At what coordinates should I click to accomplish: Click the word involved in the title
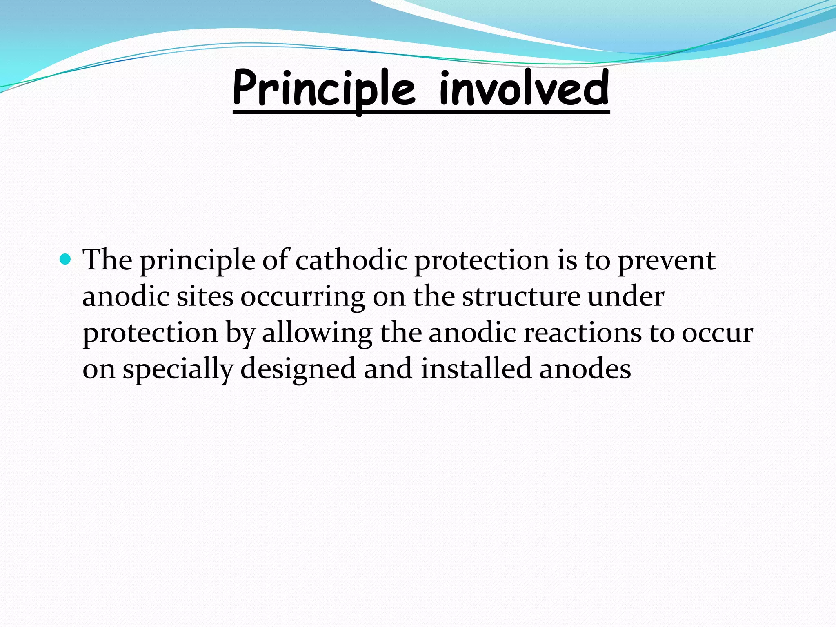[x=524, y=88]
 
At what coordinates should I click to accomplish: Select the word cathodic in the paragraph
[x=351, y=260]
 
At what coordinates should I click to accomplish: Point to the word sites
[x=205, y=297]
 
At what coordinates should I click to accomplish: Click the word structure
[x=521, y=297]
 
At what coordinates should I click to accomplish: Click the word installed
[x=476, y=369]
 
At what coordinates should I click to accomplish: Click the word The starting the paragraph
[x=107, y=260]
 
